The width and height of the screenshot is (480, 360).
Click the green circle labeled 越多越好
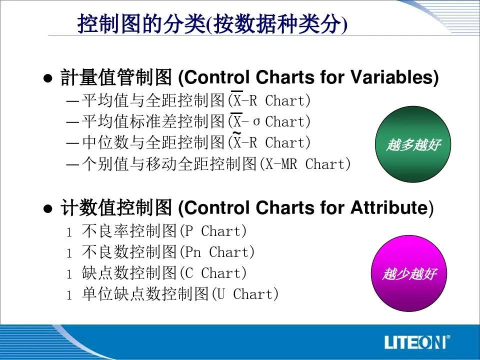(413, 144)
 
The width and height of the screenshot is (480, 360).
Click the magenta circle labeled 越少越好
(409, 273)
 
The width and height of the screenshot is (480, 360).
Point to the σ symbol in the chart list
(256, 122)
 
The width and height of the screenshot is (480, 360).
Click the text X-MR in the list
(281, 164)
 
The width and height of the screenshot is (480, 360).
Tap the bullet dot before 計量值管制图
(48, 78)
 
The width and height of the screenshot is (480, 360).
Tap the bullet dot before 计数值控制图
(48, 209)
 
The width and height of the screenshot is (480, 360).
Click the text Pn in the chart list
(193, 252)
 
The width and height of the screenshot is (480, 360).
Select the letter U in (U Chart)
(220, 294)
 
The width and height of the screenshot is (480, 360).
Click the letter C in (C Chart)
(189, 273)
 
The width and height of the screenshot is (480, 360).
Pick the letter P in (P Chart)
(189, 231)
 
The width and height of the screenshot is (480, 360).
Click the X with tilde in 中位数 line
(237, 141)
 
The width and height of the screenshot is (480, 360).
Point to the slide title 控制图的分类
(141, 23)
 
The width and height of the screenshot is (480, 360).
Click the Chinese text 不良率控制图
(129, 231)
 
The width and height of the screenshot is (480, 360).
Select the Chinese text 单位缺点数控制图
(145, 294)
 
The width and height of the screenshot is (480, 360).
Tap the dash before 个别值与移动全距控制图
(73, 164)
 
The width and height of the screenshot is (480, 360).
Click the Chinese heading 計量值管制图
(116, 77)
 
